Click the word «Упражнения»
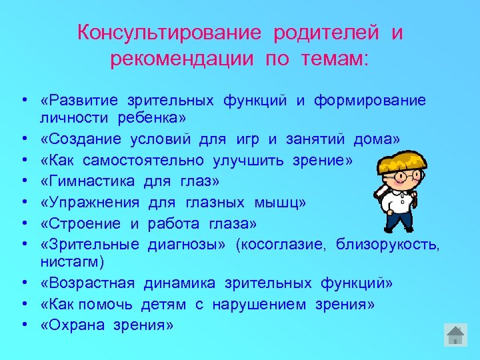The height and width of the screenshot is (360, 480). click(90, 201)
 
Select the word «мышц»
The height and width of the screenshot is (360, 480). click(283, 201)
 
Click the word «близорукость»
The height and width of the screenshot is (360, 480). click(388, 243)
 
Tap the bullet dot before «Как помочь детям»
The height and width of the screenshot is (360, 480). click(23, 304)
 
